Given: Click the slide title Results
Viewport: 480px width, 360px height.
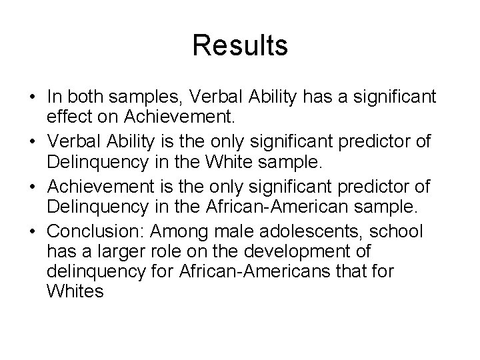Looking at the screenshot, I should click(x=240, y=46).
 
